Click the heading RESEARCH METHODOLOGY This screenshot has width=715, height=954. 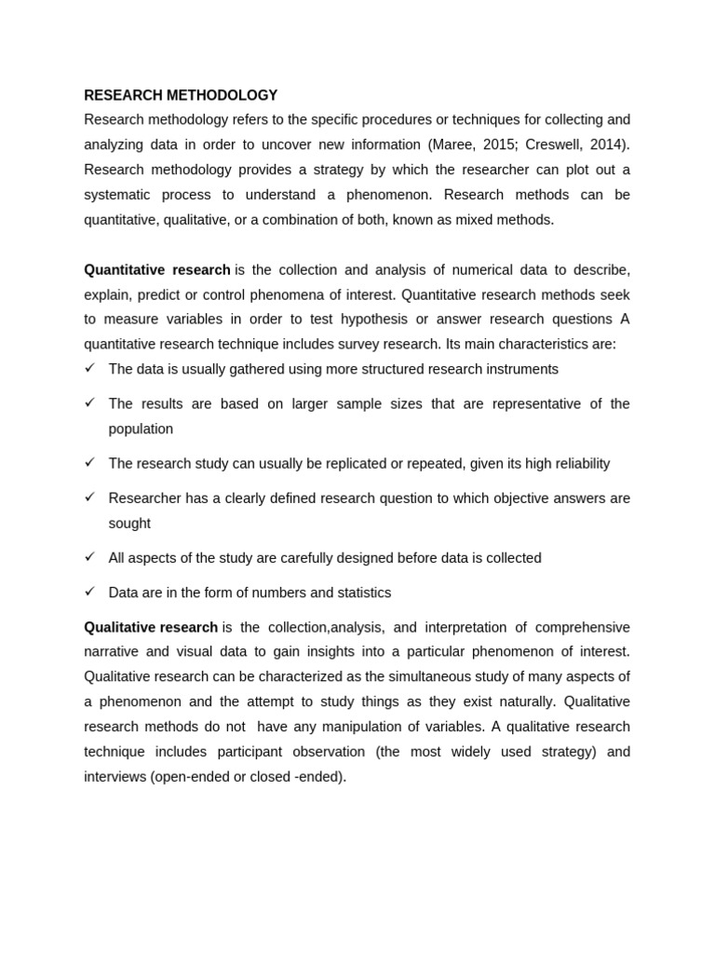coord(181,95)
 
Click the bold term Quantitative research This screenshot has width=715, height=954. coord(157,269)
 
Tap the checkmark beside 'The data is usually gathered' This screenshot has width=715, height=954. coord(90,368)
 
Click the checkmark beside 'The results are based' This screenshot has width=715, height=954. coord(90,402)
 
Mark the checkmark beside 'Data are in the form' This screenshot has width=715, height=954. coord(90,592)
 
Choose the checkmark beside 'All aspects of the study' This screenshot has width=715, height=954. coord(90,557)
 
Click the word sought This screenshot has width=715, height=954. coord(129,524)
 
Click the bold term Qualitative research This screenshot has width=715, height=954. coord(151,627)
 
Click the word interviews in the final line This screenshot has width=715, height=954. coord(115,776)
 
